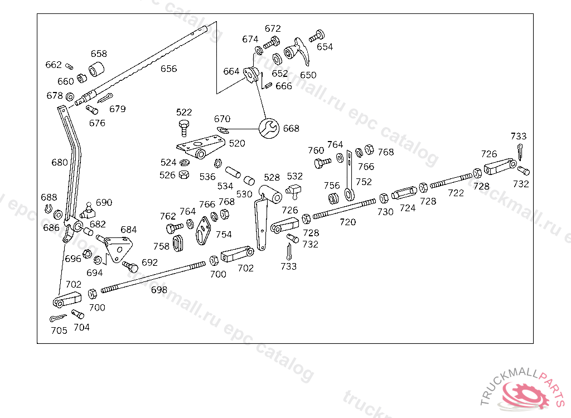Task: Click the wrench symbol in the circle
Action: pos(268,128)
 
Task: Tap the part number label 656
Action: pos(168,69)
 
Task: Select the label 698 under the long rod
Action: pos(159,290)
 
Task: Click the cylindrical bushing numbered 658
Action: pos(98,71)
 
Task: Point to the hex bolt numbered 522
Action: pos(184,127)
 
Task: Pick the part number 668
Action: pos(291,128)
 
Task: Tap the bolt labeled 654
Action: pos(317,36)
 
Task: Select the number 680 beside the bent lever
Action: pos(59,162)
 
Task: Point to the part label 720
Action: pos(347,222)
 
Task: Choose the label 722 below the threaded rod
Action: pos(456,193)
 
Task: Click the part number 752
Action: pos(364,182)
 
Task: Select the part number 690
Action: pos(104,202)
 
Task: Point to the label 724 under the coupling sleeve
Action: pos(408,208)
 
